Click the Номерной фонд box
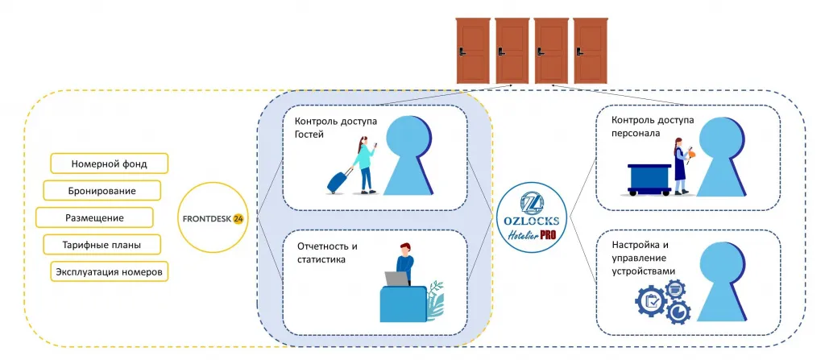(x=109, y=163)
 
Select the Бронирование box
(x=102, y=191)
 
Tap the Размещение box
(x=94, y=217)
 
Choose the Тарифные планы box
(x=102, y=245)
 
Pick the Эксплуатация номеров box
(x=110, y=271)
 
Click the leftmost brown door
(x=472, y=51)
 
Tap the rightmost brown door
(x=591, y=51)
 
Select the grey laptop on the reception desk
(x=396, y=279)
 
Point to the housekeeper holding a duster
(x=682, y=165)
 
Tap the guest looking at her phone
(x=365, y=165)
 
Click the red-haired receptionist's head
(x=404, y=248)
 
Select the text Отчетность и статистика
(x=322, y=253)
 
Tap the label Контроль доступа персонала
(x=653, y=126)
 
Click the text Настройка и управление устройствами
(x=644, y=258)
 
